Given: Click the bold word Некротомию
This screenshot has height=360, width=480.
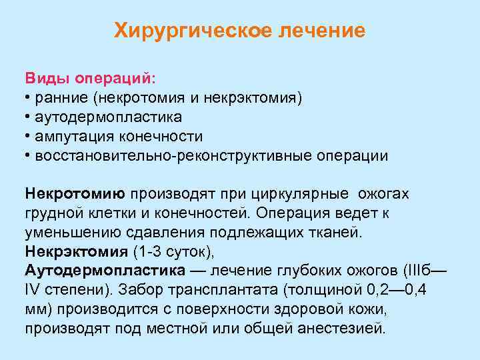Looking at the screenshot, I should [x=75, y=194].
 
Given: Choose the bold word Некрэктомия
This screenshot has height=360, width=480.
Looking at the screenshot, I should [x=77, y=252].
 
